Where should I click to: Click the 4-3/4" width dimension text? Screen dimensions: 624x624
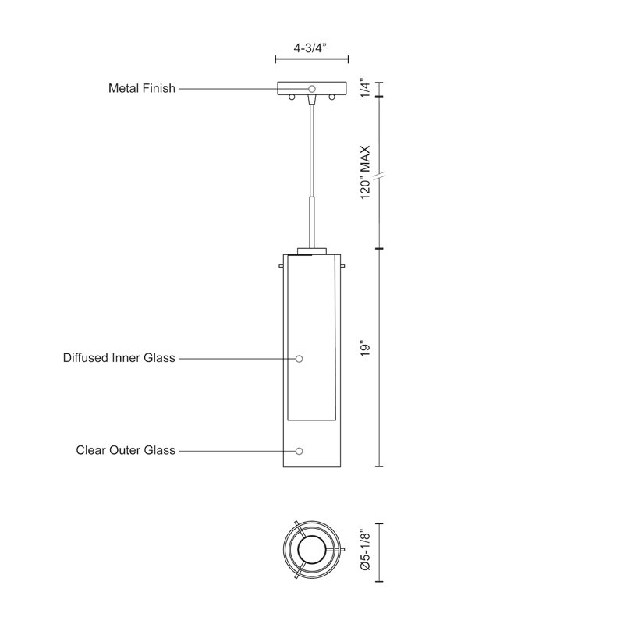click(x=311, y=47)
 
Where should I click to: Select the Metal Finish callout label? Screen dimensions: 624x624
click(x=141, y=89)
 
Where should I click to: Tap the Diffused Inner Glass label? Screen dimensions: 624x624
click(x=119, y=359)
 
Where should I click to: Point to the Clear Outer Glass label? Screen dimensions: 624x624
click(x=126, y=451)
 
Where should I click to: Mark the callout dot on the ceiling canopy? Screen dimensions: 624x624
click(x=311, y=89)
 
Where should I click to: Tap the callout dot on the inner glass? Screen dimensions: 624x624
click(x=299, y=359)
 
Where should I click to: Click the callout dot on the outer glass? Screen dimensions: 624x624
click(x=299, y=451)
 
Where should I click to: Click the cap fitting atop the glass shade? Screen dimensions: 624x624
click(x=311, y=251)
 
